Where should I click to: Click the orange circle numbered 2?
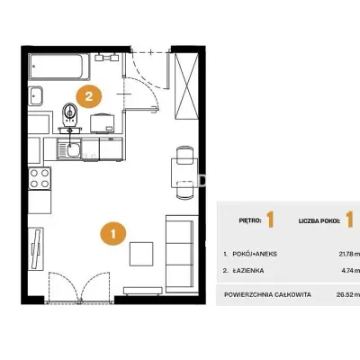(89, 96)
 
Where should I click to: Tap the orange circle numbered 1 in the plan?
(113, 233)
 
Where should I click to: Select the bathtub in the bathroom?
(59, 67)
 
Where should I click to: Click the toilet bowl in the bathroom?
(70, 115)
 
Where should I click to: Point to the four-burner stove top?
(40, 178)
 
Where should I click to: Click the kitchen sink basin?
(73, 150)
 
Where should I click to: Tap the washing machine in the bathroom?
(103, 123)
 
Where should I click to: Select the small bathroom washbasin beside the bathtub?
(36, 96)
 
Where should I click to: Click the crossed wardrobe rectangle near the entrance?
(186, 86)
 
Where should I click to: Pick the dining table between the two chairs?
(184, 173)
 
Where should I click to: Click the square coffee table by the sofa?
(141, 254)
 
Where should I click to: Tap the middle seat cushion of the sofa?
(179, 254)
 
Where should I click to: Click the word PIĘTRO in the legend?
(250, 220)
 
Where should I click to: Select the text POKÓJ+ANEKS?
(255, 254)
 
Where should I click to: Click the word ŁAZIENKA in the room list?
(248, 271)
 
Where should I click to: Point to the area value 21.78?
(346, 254)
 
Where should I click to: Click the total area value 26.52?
(345, 294)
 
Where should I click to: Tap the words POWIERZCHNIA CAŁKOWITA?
(267, 294)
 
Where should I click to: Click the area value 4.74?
(347, 271)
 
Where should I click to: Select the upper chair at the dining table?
(184, 155)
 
